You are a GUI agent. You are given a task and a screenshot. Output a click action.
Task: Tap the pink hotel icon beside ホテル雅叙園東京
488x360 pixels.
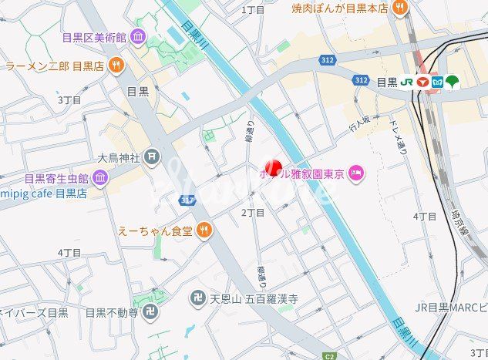point(356,171)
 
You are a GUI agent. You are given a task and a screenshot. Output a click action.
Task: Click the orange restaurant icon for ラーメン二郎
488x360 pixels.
point(116,66)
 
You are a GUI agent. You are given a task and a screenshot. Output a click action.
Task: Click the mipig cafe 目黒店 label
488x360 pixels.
point(43,193)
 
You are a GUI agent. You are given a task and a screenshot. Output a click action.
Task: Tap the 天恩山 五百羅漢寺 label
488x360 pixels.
point(254,297)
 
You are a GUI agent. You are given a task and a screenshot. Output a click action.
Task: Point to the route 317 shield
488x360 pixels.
point(187,200)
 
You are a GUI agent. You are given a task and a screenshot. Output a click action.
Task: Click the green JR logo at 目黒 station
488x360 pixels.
point(406,81)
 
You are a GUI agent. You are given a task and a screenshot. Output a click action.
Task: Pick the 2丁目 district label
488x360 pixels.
point(253,212)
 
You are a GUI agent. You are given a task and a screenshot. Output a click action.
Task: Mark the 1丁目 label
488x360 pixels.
point(253,10)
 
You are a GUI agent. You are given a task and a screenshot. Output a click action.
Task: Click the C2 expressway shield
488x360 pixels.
point(330,355)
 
